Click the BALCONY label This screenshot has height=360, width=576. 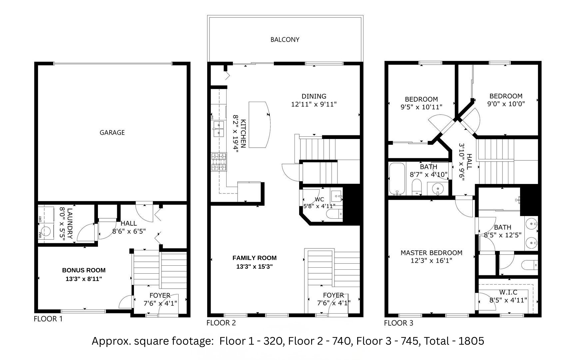[x=285, y=40]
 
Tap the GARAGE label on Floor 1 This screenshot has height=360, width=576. [x=112, y=133]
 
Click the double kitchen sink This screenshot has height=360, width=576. [x=219, y=129]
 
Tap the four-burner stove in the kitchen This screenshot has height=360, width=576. [x=219, y=162]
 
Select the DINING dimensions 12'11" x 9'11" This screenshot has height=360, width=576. [x=314, y=104]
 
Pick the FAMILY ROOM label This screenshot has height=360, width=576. [x=255, y=258]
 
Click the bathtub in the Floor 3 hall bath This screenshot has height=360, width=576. [x=397, y=179]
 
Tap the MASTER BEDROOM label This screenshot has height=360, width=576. [x=431, y=253]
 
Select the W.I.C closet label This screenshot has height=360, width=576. [x=508, y=292]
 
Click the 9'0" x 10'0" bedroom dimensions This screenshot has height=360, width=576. [x=506, y=104]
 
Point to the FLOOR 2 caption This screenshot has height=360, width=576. [x=221, y=323]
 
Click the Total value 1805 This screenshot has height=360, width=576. [x=471, y=341]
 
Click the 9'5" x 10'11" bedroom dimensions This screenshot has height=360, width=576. [x=421, y=107]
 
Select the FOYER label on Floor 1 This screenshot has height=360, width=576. [x=160, y=295]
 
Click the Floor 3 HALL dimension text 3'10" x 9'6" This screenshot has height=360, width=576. [x=462, y=162]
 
